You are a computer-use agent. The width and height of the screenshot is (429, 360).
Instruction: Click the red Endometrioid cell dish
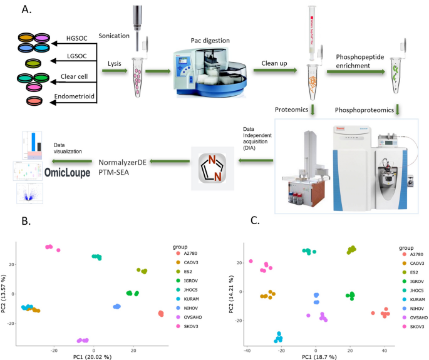[36, 101]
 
